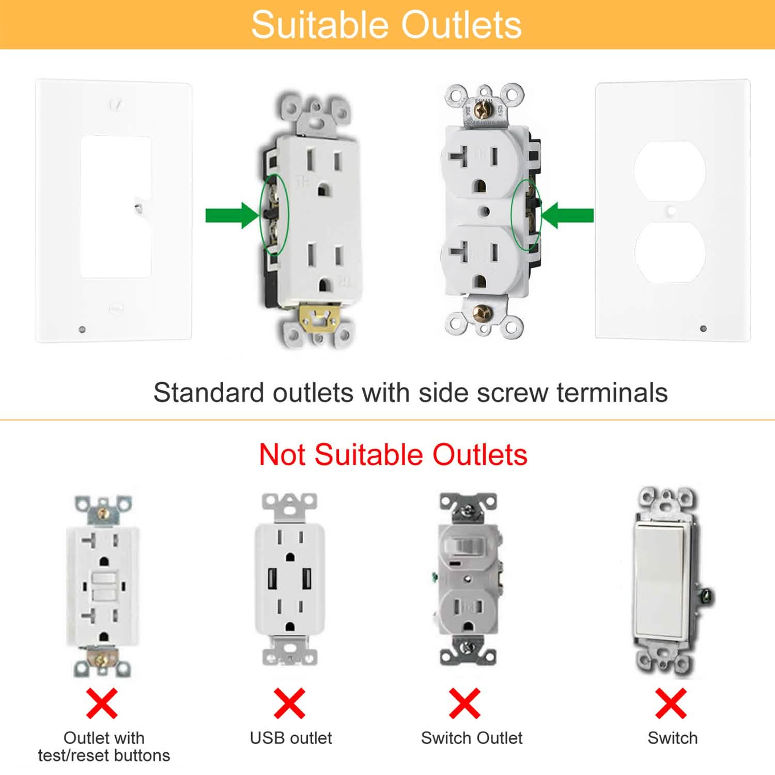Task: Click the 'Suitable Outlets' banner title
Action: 386,25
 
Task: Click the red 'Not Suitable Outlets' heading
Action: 393,455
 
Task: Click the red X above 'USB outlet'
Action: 289,703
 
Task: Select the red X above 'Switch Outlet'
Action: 464,703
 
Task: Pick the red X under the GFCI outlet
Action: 102,703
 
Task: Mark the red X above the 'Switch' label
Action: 671,703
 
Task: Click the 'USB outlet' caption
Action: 290,738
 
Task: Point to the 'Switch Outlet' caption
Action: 471,738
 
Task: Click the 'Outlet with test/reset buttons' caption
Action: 104,747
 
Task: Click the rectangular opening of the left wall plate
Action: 116,207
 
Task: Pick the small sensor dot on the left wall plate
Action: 82,329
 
